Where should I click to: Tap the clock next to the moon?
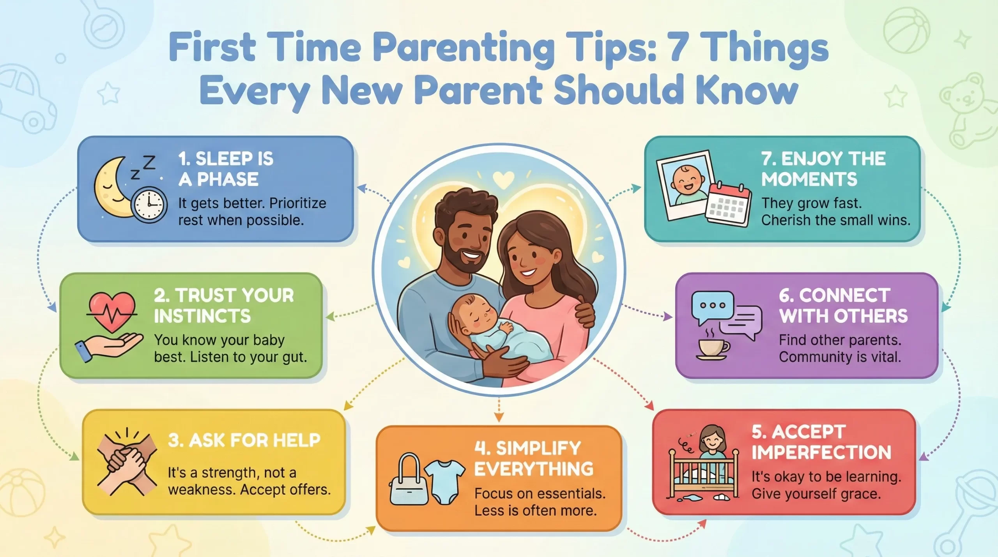(x=149, y=205)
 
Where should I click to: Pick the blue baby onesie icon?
(x=444, y=481)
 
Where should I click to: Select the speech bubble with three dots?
(x=712, y=306)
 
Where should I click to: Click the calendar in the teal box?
(x=728, y=205)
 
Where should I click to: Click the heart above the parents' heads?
(x=503, y=179)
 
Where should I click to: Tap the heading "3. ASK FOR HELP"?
(x=244, y=440)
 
